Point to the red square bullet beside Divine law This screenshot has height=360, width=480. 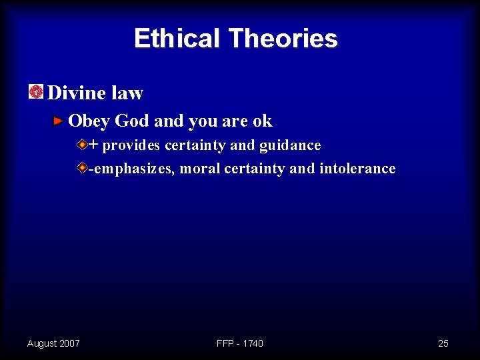click(36, 92)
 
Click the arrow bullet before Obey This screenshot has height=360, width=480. click(59, 121)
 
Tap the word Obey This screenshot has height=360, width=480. click(89, 121)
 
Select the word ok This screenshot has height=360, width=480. click(263, 121)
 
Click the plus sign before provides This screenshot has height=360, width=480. click(93, 145)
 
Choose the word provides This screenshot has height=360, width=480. click(131, 145)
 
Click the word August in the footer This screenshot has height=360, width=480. click(41, 343)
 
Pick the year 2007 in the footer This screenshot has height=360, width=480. click(69, 343)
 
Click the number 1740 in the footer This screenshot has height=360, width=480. click(253, 343)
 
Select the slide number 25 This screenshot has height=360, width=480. click(443, 343)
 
